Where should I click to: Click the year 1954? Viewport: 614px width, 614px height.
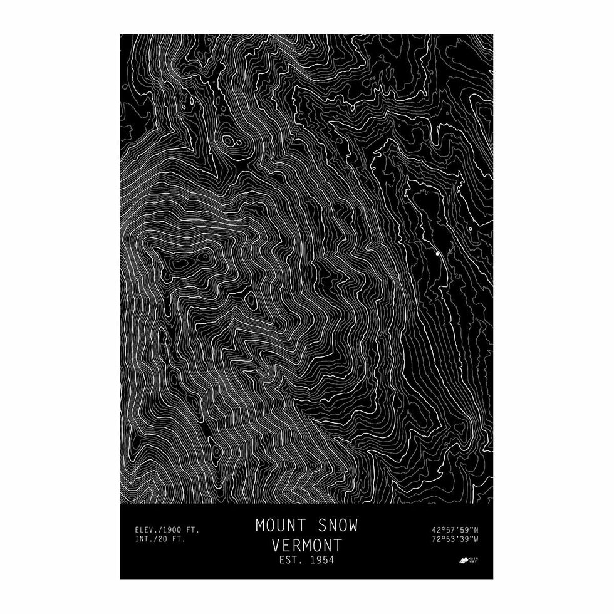coord(322,559)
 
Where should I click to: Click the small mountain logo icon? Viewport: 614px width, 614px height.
coord(464,558)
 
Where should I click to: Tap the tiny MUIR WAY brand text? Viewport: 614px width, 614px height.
coord(474,558)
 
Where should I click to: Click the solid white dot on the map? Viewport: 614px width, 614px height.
coord(437,255)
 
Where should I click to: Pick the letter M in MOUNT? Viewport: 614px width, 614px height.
coord(260,525)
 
